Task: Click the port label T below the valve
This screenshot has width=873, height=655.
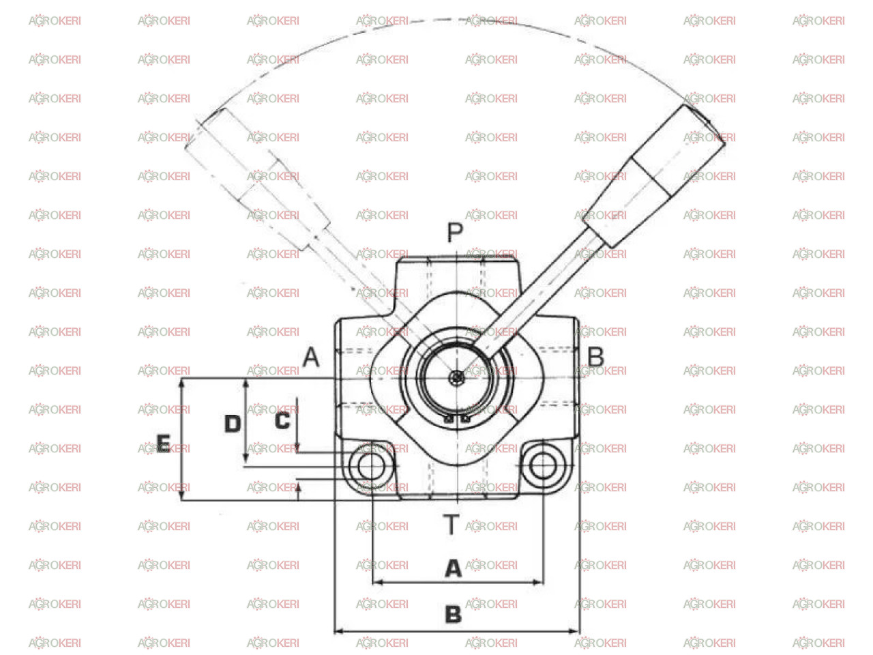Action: (451, 523)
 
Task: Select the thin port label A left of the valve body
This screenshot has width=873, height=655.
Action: (310, 356)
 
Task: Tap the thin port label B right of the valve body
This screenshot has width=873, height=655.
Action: (595, 356)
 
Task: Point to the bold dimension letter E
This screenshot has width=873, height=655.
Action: (163, 443)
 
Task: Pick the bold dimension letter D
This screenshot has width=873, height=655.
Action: (233, 423)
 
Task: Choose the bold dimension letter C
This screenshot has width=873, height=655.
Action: (282, 420)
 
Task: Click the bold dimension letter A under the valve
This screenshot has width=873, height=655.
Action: (453, 568)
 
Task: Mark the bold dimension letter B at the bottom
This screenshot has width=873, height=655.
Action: (453, 613)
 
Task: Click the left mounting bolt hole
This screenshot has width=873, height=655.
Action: (371, 465)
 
